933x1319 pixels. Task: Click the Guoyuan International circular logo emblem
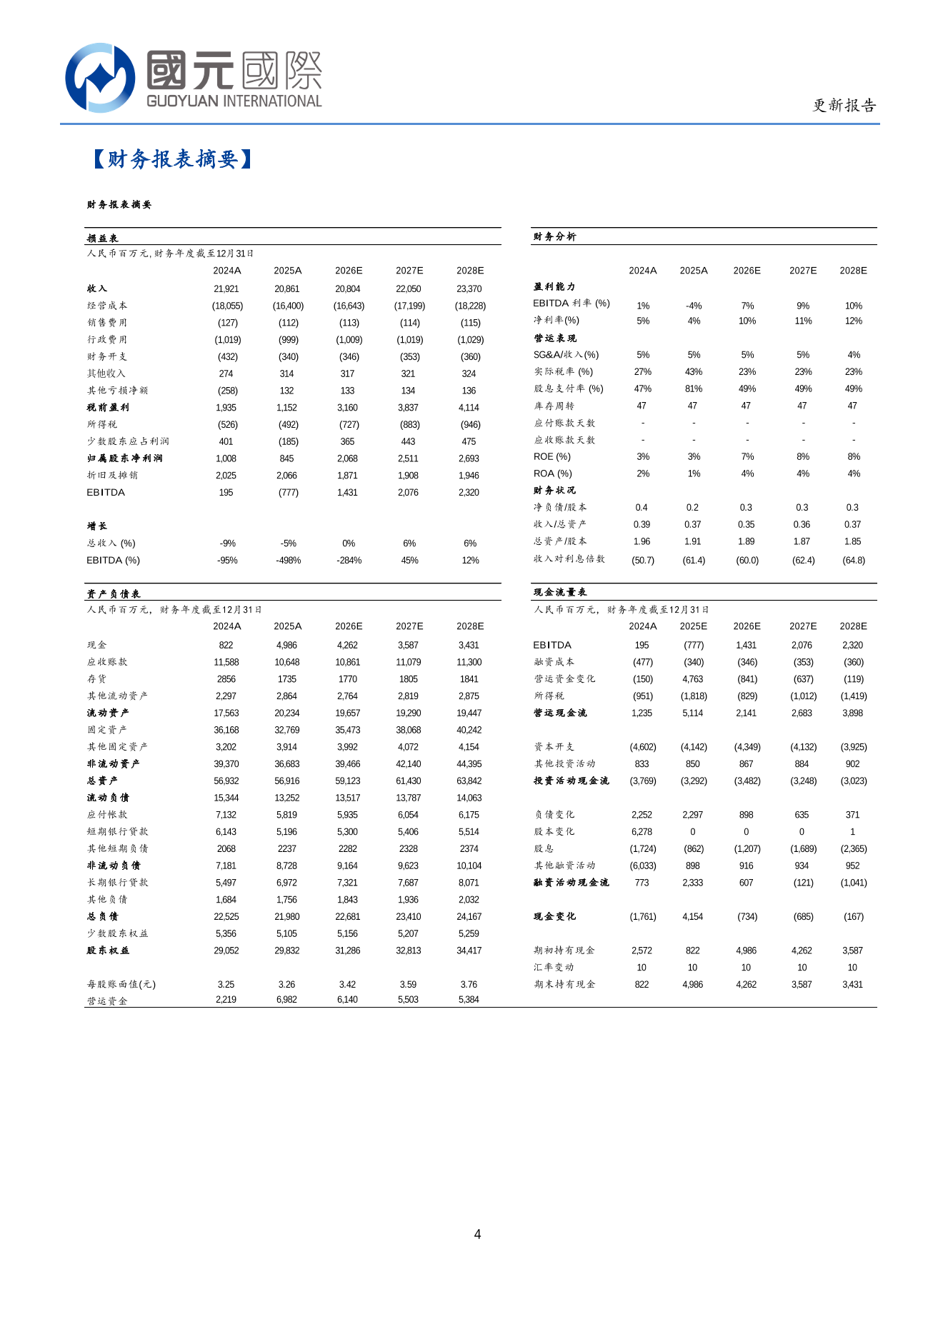coord(100,77)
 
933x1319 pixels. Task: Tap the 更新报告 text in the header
coord(844,106)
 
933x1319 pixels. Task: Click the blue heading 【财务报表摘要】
coord(172,159)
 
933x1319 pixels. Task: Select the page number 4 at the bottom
coord(477,1234)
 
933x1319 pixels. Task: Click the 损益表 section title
coord(102,239)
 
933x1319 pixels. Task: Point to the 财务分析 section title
coord(554,236)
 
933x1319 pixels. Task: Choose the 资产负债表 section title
coord(114,594)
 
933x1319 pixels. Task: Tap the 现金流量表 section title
coord(560,593)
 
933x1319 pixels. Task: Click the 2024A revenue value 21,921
coord(226,289)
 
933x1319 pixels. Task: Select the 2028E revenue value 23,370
coord(469,289)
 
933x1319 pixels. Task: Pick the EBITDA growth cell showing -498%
coord(288,561)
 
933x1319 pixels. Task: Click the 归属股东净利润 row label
coord(124,458)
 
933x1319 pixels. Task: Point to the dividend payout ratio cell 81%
coord(693,389)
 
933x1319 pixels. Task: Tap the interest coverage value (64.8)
coord(853,561)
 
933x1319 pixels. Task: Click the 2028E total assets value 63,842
coord(469,781)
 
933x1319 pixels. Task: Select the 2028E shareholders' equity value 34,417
coord(469,951)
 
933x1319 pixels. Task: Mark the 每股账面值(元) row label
coord(121,985)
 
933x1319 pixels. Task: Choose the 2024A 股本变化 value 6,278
coord(642,832)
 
